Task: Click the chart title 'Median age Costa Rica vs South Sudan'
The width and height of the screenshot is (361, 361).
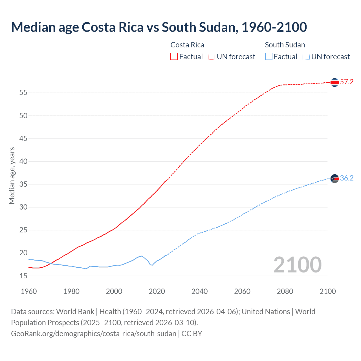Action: coord(159,27)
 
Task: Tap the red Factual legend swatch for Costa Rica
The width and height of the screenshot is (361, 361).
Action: coord(174,57)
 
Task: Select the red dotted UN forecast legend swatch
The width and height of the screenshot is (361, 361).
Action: coord(212,57)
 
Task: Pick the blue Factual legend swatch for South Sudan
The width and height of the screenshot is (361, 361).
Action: coord(268,57)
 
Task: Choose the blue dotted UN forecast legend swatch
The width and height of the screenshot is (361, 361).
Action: coord(306,57)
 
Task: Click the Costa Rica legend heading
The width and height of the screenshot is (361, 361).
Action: coord(187,45)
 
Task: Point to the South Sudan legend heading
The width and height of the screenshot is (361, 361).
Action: coord(285,45)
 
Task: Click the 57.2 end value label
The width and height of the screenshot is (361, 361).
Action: coord(347,82)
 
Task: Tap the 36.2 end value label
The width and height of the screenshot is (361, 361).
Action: coord(347,178)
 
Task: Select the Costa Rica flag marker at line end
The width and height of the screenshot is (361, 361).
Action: coord(334,82)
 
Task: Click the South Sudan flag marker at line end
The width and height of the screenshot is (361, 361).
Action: coord(334,179)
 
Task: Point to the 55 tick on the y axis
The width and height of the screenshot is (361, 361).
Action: coord(23,93)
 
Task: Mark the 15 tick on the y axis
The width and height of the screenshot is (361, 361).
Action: coord(23,276)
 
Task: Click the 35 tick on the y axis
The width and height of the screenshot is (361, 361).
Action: coord(23,184)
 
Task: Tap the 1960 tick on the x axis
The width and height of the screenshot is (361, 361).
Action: coord(29,291)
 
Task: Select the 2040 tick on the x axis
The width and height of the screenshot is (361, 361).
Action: coord(199,291)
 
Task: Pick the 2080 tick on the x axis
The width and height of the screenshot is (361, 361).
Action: coord(285,291)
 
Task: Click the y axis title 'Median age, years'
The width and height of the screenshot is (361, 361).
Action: coord(12,175)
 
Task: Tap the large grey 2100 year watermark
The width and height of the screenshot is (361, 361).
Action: coord(297,265)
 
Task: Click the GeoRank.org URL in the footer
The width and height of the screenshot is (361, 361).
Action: coord(94,334)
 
